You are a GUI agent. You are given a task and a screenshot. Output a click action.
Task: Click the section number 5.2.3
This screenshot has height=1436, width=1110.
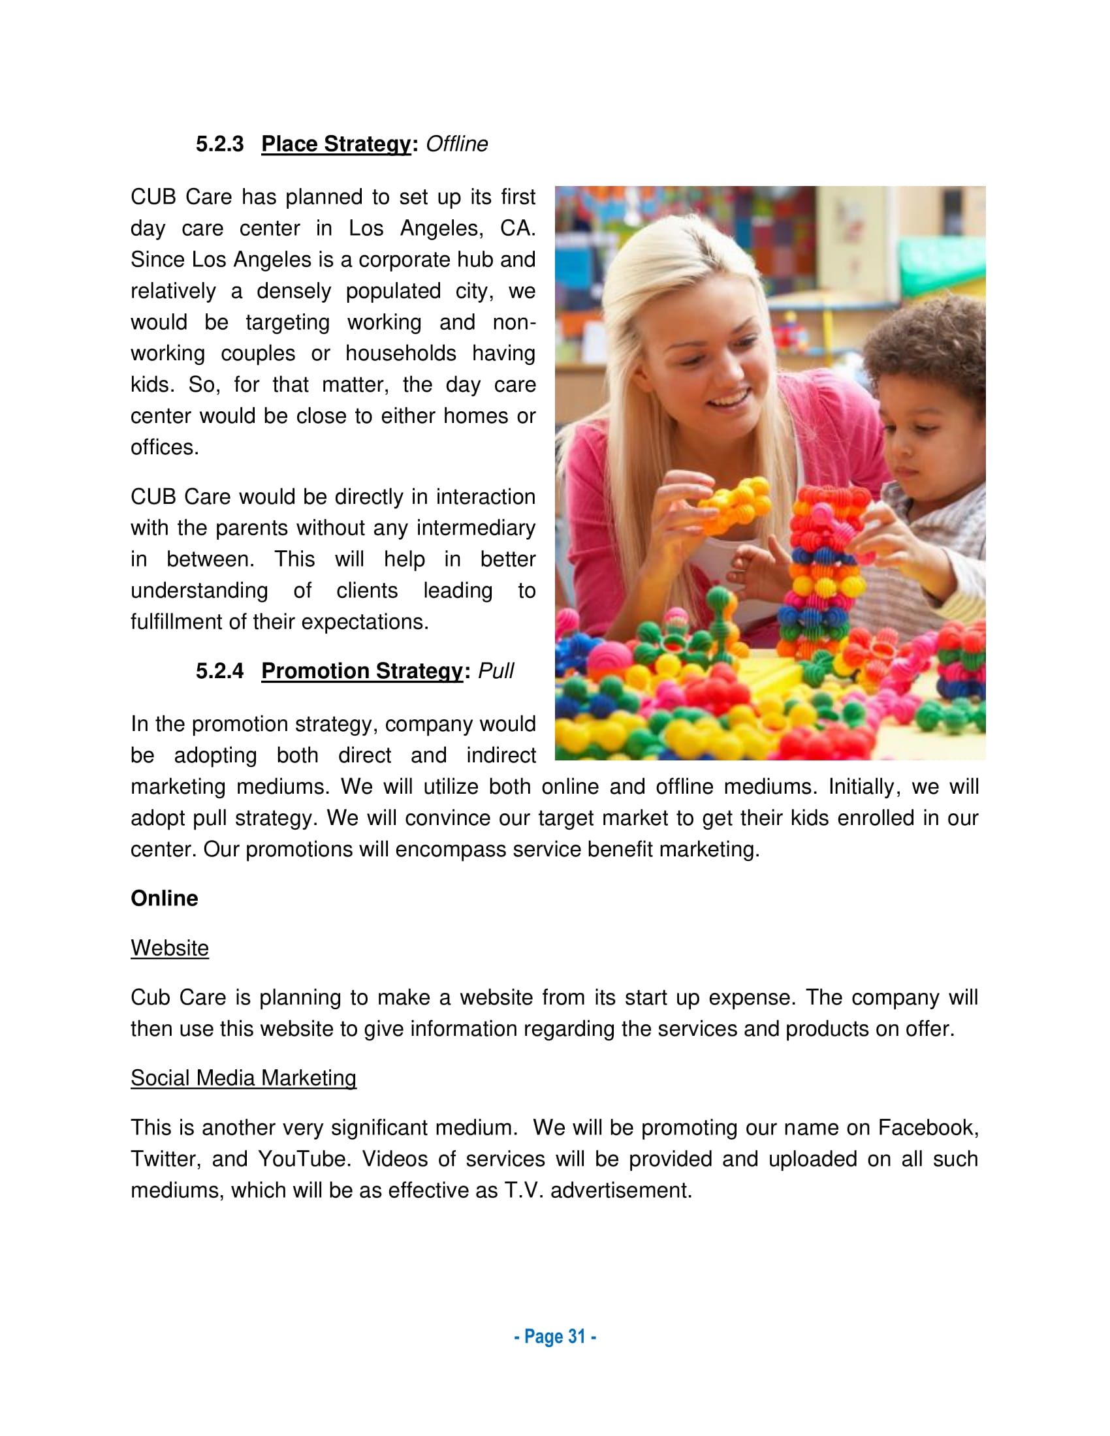point(219,144)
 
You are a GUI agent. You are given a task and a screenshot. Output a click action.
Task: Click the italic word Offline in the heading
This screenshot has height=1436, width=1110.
point(456,144)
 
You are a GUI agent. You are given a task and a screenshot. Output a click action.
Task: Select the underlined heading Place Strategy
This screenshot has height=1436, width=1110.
point(336,144)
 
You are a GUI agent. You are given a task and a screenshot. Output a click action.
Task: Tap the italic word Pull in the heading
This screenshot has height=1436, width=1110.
point(495,670)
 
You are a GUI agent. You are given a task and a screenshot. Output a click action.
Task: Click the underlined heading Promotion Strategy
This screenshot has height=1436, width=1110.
point(362,670)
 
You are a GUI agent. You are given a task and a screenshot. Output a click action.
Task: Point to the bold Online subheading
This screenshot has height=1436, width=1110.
point(165,898)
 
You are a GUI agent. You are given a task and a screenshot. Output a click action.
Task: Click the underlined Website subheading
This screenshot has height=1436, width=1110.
point(170,948)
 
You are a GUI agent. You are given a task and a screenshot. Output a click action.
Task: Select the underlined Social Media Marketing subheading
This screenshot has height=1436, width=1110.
point(244,1078)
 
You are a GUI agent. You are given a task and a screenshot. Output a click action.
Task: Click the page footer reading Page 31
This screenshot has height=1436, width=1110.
point(555,1337)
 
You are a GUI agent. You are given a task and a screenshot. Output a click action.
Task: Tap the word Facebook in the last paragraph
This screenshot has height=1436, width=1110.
point(928,1128)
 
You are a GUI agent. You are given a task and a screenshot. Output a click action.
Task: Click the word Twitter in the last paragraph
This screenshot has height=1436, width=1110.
point(166,1159)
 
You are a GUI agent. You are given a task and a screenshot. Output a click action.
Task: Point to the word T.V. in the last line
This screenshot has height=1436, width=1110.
point(524,1190)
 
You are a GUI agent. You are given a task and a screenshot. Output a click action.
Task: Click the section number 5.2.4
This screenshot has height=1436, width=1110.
point(219,670)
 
